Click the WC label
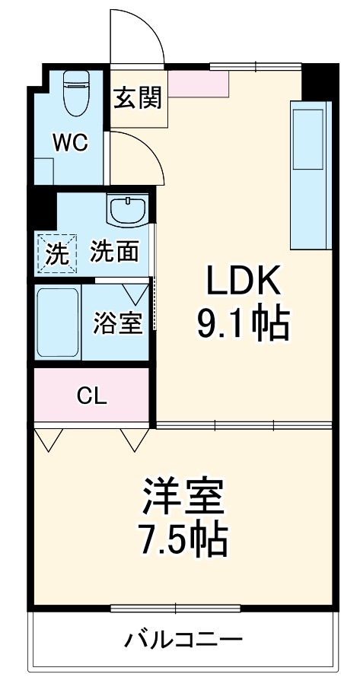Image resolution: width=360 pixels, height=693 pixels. click(x=70, y=141)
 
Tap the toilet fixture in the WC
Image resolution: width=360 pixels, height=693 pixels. click(x=75, y=93)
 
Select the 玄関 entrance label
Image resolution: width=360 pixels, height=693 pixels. click(x=138, y=97)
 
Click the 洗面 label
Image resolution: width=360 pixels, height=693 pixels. click(x=115, y=251)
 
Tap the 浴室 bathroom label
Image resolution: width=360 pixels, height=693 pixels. click(x=118, y=322)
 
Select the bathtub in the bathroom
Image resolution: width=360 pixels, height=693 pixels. click(x=59, y=322)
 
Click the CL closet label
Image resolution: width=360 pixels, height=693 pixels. click(x=92, y=396)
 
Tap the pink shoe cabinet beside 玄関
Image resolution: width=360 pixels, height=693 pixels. click(x=198, y=84)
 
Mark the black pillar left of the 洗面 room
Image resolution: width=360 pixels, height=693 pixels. click(x=43, y=206)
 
